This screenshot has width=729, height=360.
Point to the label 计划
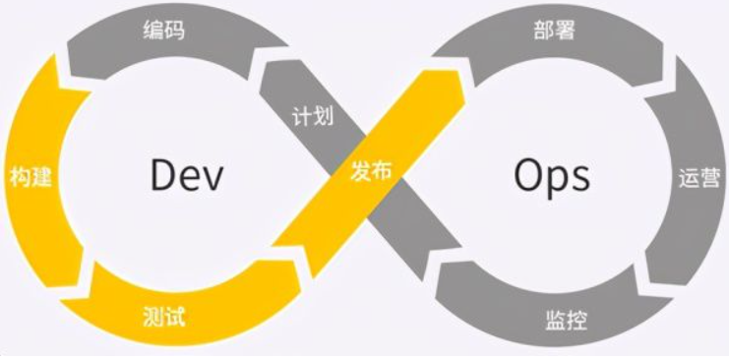(313, 116)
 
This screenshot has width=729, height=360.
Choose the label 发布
(371, 169)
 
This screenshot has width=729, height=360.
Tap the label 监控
(561, 320)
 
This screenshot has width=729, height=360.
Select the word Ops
(551, 175)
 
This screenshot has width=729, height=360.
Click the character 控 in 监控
(573, 320)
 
